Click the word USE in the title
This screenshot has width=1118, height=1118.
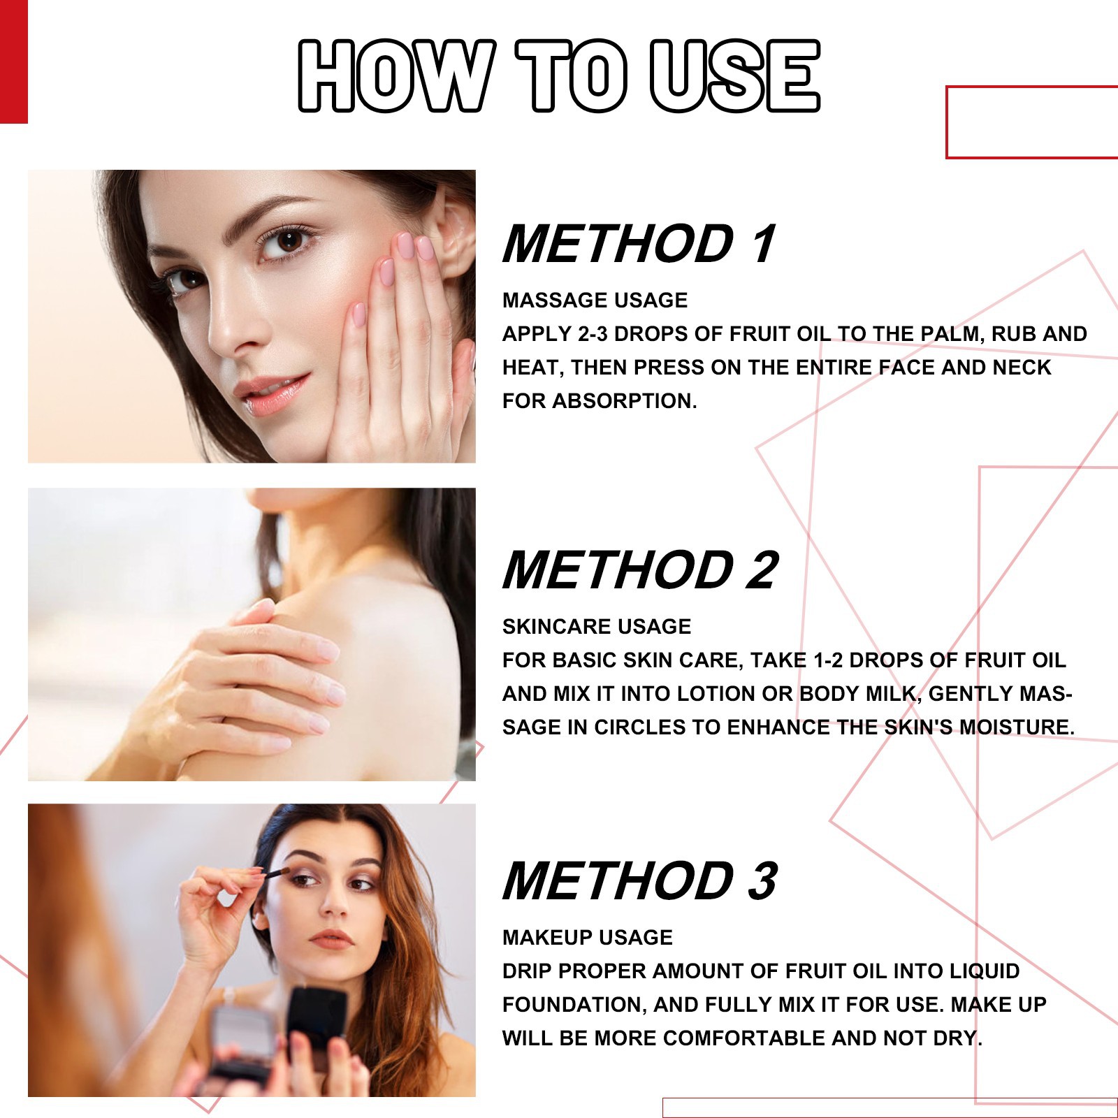click(x=734, y=75)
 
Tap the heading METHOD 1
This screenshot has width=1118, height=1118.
click(x=639, y=244)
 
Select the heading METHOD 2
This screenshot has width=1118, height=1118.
click(x=639, y=569)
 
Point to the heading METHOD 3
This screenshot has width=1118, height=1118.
click(x=639, y=880)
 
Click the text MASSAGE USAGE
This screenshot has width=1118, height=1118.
click(x=595, y=300)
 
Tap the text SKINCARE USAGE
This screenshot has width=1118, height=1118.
click(x=596, y=626)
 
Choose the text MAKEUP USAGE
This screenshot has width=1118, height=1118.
click(x=587, y=937)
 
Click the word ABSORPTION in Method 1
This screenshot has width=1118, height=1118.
click(x=624, y=401)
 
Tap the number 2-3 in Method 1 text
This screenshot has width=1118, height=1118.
click(x=593, y=334)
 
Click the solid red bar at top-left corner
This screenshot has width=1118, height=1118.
click(x=13, y=61)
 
